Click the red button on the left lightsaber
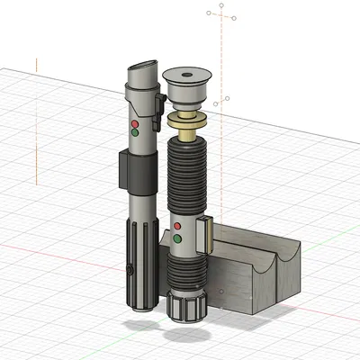click(x=135, y=122)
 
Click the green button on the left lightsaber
click(x=135, y=132)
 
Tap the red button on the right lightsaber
click(x=177, y=226)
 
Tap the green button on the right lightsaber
click(x=177, y=238)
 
